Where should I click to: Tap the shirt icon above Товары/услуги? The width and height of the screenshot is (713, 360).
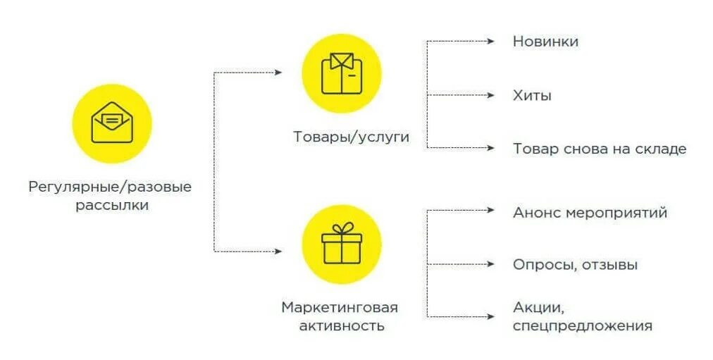click(341, 73)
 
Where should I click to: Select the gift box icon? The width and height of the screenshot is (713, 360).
click(341, 243)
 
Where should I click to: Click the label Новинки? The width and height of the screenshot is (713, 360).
click(545, 42)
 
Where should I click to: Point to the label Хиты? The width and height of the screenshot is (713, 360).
click(532, 96)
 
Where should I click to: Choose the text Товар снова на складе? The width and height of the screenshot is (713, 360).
click(599, 149)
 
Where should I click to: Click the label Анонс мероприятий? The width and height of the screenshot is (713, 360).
click(590, 213)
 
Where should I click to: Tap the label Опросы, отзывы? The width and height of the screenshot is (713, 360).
click(575, 266)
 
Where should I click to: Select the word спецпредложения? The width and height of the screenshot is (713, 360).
click(582, 326)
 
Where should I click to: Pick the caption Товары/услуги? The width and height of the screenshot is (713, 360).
click(351, 137)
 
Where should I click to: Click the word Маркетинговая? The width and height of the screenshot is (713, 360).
click(340, 308)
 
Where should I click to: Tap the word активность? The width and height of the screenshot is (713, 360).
click(342, 326)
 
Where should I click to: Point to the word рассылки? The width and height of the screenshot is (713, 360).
click(112, 206)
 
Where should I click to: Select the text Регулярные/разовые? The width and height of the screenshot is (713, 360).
click(110, 187)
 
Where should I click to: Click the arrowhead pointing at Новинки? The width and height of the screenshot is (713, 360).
click(491, 42)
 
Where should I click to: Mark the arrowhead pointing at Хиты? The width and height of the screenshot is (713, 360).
click(491, 95)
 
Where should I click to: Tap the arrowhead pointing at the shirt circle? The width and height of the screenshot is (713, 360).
click(279, 73)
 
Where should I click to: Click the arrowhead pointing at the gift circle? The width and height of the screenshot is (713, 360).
click(279, 251)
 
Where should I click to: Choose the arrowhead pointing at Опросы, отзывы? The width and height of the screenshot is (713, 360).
click(491, 265)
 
